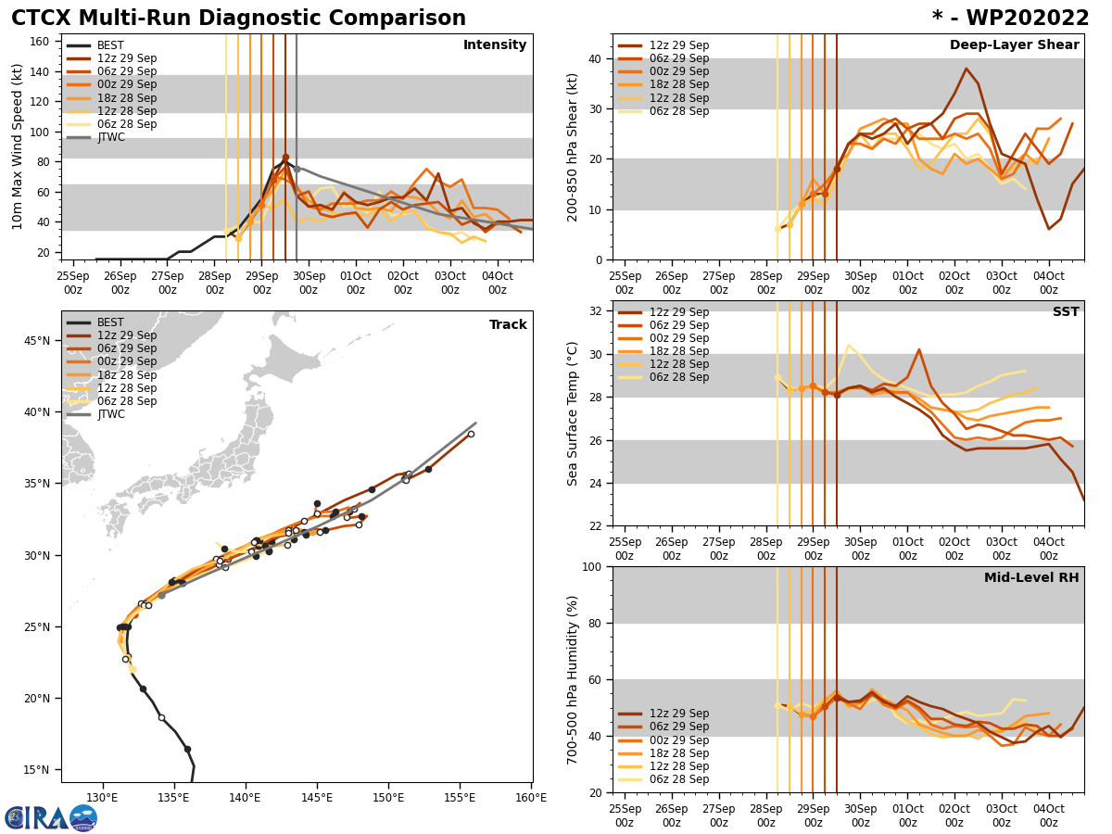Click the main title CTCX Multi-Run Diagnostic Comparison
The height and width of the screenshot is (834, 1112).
[x=238, y=19]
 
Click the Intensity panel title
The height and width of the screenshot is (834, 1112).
[x=494, y=45]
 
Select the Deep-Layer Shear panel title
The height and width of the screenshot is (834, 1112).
[x=1014, y=45]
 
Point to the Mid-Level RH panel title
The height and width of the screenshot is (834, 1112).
[x=1031, y=578]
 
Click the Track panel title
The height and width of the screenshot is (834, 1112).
[x=508, y=325]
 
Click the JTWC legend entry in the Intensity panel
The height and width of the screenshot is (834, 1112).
[x=110, y=137]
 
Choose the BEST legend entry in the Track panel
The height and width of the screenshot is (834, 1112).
[x=110, y=322]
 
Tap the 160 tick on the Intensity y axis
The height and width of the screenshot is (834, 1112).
[x=41, y=41]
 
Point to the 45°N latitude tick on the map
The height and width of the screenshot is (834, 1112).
[x=37, y=341]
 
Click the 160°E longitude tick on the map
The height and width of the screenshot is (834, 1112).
[x=530, y=797]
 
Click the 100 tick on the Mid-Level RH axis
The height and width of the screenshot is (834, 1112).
[x=592, y=567]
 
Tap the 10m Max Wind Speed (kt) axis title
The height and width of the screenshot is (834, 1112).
[x=17, y=146]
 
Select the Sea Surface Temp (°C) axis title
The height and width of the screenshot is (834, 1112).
[x=573, y=413]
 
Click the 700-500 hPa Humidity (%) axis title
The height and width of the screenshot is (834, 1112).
[x=573, y=679]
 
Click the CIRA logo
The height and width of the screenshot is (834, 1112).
[x=51, y=818]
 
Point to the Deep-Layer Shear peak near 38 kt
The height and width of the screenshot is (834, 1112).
[x=966, y=69]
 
